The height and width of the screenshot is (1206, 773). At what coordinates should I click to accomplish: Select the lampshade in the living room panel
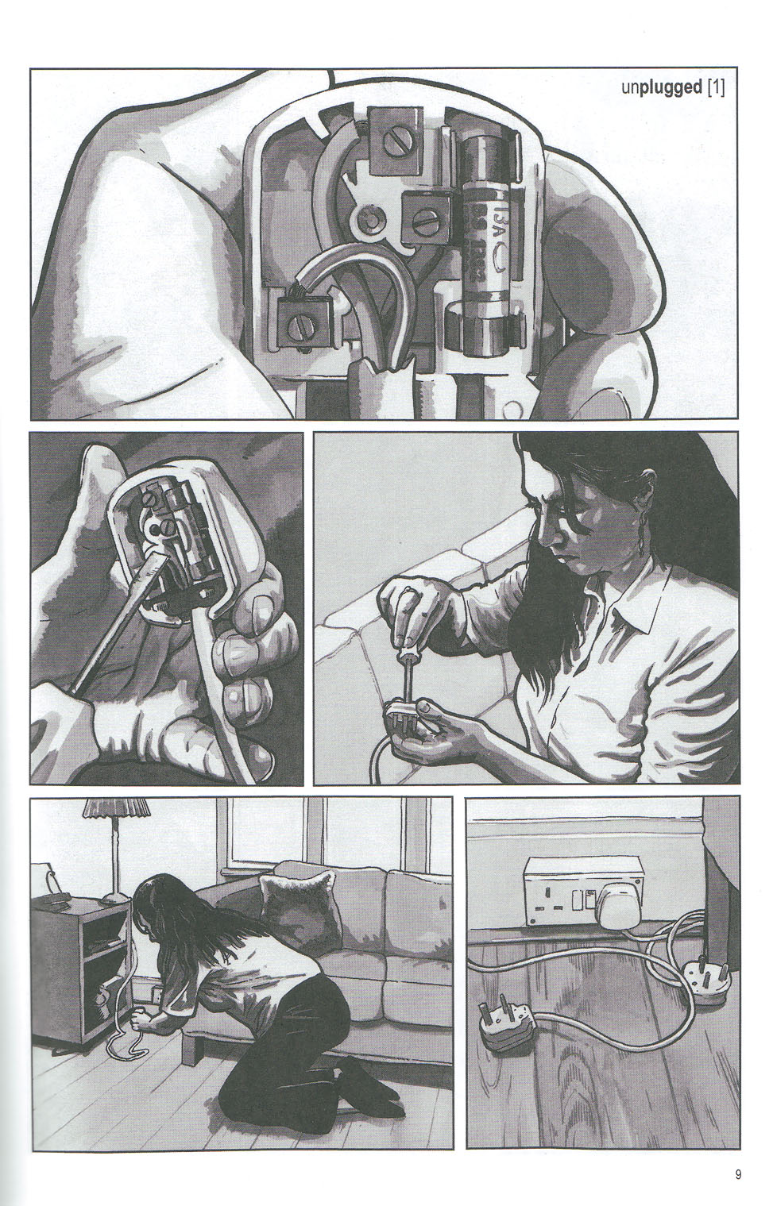117,811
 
